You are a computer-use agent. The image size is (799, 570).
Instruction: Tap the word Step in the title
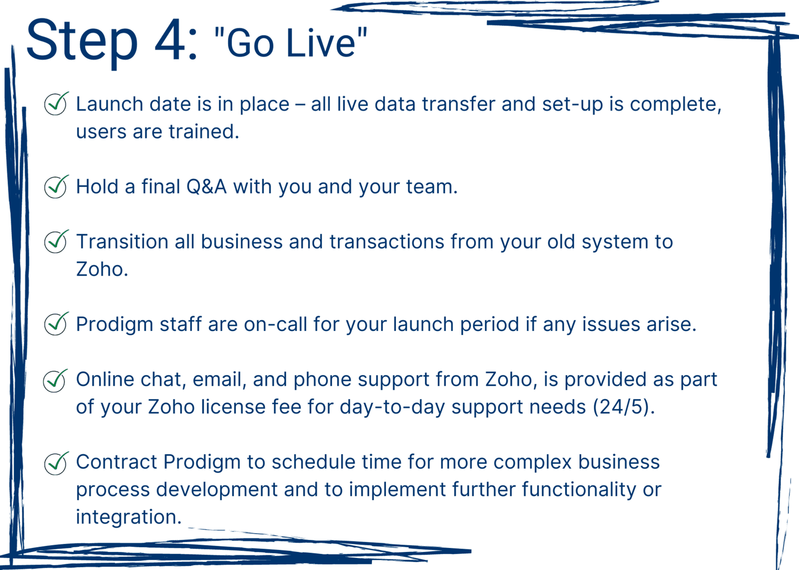pyautogui.click(x=82, y=43)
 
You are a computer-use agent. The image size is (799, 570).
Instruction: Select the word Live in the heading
pyautogui.click(x=321, y=43)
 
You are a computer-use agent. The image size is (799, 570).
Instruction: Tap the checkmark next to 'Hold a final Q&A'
pyautogui.click(x=56, y=187)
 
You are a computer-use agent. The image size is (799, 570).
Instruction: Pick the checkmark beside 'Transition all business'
pyautogui.click(x=56, y=241)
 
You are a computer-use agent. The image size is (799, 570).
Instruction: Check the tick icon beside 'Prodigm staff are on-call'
pyautogui.click(x=56, y=323)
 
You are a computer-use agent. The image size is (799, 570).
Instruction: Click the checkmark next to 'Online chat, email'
pyautogui.click(x=55, y=380)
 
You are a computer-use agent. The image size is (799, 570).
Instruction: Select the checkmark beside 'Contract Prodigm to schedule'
pyautogui.click(x=56, y=463)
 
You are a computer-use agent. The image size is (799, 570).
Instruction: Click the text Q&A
pyautogui.click(x=206, y=187)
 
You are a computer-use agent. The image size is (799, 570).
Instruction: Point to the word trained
pyautogui.click(x=203, y=131)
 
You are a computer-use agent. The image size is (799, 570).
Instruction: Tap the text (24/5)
pyautogui.click(x=624, y=407)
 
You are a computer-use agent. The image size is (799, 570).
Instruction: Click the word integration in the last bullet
pyautogui.click(x=129, y=517)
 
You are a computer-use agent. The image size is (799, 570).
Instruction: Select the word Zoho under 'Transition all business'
pyautogui.click(x=102, y=269)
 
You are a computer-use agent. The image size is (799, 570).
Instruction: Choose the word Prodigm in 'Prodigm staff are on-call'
pyautogui.click(x=114, y=325)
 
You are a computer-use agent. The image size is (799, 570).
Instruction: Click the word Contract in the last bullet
pyautogui.click(x=116, y=462)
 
